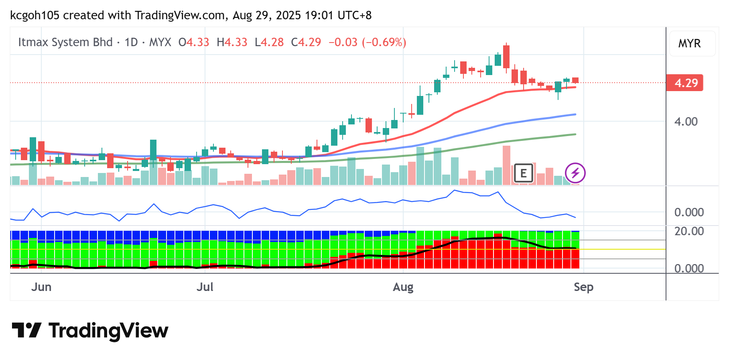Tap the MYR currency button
pos(689,43)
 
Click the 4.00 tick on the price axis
pos(686,122)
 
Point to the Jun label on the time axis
pos(41,287)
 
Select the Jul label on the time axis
pos(205,287)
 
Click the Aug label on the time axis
pos(403,287)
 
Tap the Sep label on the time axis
pos(583,287)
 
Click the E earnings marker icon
pos(523,173)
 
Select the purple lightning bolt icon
pos(575,173)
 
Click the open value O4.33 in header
pos(194,42)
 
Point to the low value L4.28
pos(269,42)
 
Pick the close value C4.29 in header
pos(306,42)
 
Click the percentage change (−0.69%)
pos(384,42)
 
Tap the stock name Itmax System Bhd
pos(65,42)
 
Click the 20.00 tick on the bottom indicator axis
pos(689,231)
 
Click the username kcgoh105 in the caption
pos(35,15)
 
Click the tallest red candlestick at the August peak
pos(506,57)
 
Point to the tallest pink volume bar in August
pos(506,165)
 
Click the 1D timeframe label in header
pos(131,42)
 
